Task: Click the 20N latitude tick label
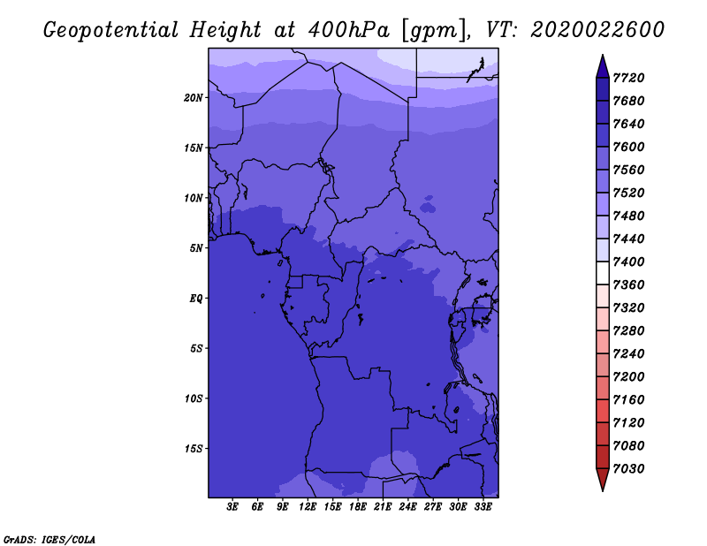point(194,98)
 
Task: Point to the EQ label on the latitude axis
point(196,299)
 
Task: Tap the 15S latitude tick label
point(194,449)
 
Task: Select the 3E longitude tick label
point(232,507)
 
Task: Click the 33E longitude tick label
point(483,507)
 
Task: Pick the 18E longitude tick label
point(358,507)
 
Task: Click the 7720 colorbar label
point(628,78)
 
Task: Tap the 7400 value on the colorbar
point(628,262)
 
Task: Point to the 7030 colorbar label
point(628,468)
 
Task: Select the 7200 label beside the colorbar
point(628,376)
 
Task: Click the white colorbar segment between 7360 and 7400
point(603,273)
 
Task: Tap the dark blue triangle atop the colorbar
point(603,66)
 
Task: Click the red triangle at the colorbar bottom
point(603,480)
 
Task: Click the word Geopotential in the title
point(111,31)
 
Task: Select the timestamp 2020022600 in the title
point(597,30)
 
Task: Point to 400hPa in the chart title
point(349,30)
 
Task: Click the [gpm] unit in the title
point(434,31)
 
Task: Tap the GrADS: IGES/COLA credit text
point(49,539)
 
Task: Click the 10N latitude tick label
point(194,198)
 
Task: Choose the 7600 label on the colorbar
point(628,147)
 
